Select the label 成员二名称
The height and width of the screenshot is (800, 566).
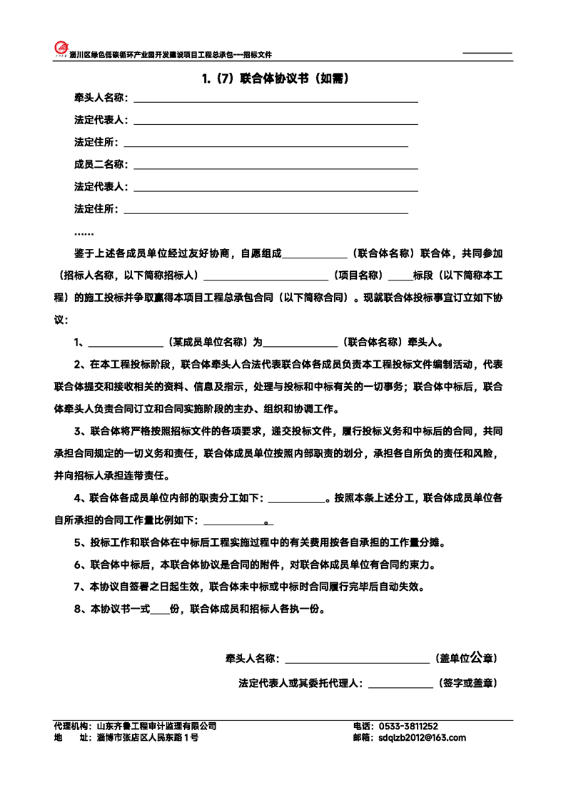(101, 165)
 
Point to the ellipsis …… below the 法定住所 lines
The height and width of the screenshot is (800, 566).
(84, 233)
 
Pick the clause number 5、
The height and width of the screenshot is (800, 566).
(81, 543)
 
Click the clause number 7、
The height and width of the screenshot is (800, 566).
(81, 587)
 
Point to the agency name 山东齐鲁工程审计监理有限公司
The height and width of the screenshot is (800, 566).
(156, 726)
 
